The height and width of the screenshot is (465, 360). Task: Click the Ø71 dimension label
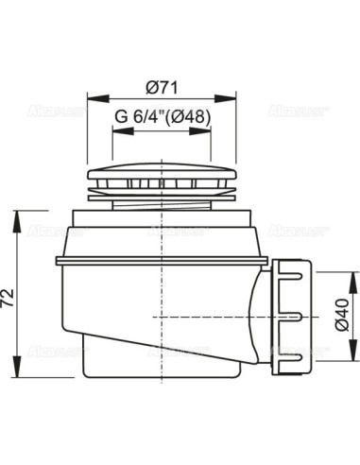[x=163, y=87]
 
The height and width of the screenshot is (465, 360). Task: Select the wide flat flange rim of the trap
[x=161, y=256]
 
